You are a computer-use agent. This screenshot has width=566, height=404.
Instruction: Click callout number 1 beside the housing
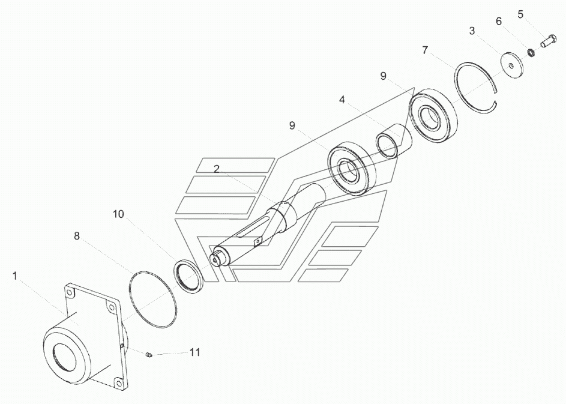15,276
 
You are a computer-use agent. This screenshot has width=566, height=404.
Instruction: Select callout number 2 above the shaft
216,169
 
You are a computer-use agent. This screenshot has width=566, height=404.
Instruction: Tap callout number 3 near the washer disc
472,31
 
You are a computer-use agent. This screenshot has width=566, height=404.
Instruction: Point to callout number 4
342,100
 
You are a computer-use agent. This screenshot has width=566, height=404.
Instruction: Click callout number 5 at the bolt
520,14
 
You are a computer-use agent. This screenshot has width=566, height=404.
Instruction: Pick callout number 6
499,21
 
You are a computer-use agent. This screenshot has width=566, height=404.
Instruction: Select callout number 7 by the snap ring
425,50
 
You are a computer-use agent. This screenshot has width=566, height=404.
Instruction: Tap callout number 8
76,236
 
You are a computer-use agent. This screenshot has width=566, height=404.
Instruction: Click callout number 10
118,214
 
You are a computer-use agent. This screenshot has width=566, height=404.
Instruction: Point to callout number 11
195,352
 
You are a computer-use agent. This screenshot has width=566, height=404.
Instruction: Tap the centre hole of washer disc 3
510,65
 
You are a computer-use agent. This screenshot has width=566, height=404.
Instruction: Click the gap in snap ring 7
496,95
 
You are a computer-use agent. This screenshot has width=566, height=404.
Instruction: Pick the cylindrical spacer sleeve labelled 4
394,141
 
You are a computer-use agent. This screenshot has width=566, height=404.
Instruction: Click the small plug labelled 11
149,355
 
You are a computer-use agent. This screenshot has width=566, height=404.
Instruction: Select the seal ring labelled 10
188,276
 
